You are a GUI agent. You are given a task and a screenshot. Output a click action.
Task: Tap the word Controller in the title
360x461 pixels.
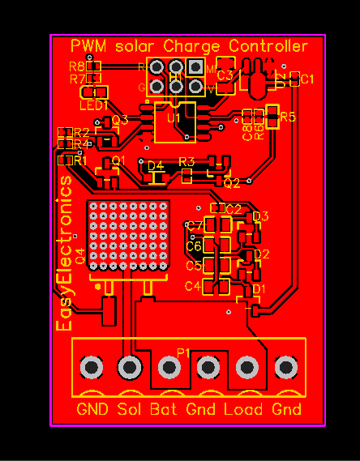pos(268,46)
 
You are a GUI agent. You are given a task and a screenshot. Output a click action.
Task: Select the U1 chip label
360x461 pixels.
pos(174,118)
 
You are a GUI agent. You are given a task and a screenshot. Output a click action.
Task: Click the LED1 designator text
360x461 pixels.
pos(93,105)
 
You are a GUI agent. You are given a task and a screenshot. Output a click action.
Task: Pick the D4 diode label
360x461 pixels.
pos(156,165)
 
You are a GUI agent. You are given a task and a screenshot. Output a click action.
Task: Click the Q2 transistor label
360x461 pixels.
pos(232,183)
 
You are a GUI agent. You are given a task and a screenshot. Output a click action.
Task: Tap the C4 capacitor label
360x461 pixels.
pos(192,286)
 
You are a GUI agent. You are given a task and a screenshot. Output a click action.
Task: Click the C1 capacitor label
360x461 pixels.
pos(307,79)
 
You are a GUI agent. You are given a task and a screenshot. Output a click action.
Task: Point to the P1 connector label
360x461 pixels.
pos(184,353)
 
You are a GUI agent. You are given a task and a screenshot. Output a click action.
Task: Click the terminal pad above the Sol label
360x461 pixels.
pos(129,368)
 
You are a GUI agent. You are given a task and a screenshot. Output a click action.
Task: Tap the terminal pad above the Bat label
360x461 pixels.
pos(169,368)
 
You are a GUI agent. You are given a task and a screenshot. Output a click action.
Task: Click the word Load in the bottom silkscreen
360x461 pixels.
pos(243,409)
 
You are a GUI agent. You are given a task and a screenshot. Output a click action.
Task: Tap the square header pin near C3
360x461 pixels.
pos(195,67)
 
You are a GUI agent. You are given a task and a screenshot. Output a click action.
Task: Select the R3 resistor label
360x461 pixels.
pos(186,162)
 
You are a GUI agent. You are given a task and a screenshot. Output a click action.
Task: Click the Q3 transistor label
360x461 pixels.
pos(120,120)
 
